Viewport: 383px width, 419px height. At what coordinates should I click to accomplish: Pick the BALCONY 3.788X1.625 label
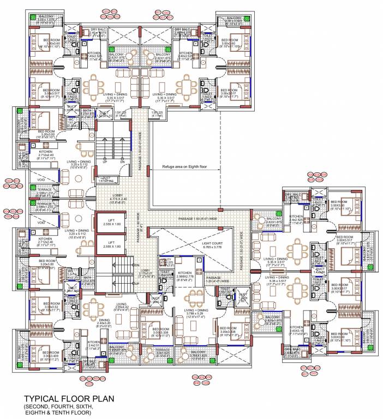pos(198,354)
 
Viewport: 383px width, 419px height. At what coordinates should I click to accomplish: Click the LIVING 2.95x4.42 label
pos(122,307)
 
